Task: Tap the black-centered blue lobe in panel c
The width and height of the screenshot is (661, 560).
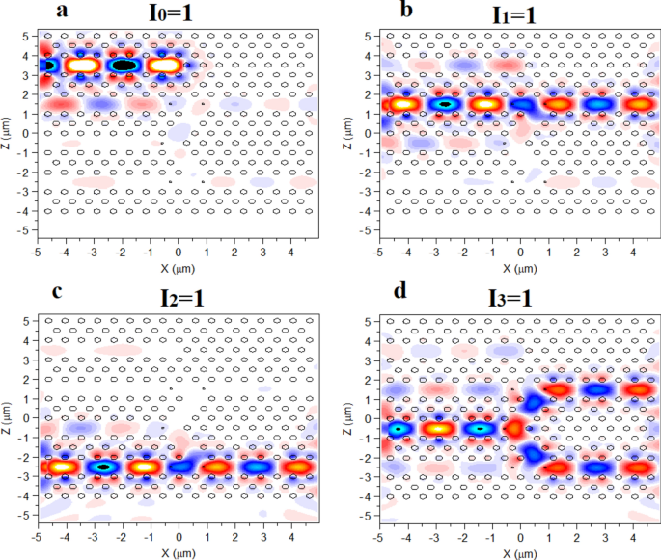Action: click(x=102, y=467)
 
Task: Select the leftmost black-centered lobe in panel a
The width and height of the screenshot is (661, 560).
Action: click(x=44, y=65)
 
